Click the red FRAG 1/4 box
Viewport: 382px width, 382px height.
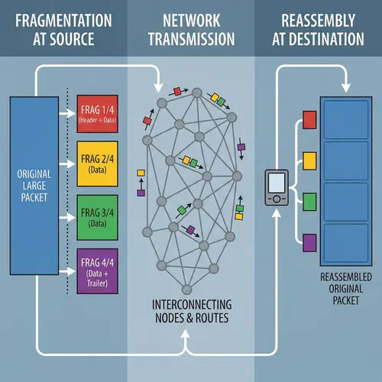pos(99,114)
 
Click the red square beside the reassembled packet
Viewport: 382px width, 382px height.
pos(309,119)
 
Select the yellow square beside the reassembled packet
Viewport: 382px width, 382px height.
pos(309,160)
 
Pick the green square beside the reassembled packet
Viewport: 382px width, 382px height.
pos(309,202)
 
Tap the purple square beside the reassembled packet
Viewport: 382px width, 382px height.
pos(309,243)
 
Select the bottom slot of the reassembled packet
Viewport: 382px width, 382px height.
pos(345,242)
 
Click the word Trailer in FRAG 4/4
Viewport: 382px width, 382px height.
pos(99,284)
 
